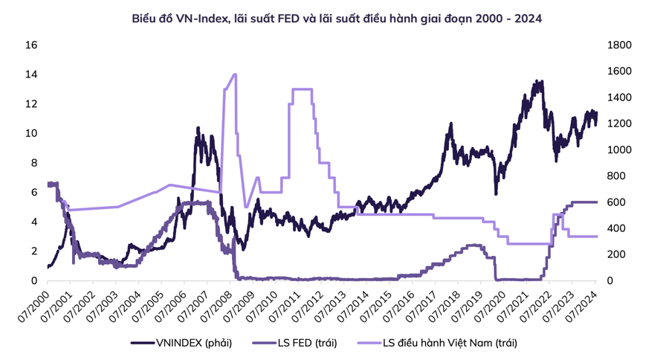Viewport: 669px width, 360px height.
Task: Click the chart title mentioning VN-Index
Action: pos(337,18)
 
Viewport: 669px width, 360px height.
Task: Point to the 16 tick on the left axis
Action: pos(31,45)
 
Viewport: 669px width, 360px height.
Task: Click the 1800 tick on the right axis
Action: pos(619,45)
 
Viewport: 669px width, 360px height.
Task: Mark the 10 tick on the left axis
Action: pos(31,134)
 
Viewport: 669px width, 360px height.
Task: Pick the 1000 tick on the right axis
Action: pos(619,150)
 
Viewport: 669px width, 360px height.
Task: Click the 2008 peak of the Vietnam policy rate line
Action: pos(235,74)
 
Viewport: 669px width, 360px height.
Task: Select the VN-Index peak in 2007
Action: pos(198,129)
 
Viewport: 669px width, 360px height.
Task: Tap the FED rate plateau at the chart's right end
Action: pos(584,202)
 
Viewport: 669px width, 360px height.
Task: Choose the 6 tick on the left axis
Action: pos(31,193)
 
